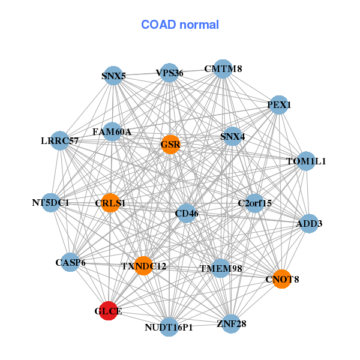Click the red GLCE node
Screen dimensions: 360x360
point(109,311)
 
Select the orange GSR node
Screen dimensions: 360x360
point(170,145)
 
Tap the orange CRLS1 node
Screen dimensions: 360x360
point(110,203)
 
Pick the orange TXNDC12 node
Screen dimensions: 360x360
point(143,266)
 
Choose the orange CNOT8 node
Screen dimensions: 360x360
point(282,279)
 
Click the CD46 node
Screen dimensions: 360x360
point(187,213)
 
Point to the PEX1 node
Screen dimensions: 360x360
point(279,105)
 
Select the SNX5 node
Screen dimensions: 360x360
point(113,76)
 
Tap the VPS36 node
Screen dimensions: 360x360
point(169,73)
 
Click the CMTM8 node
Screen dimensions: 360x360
point(223,69)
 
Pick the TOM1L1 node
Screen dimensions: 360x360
point(306,161)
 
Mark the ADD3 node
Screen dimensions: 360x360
point(309,223)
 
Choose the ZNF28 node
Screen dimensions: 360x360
point(231,324)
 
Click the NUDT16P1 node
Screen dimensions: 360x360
point(169,327)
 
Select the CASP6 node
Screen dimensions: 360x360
point(70,262)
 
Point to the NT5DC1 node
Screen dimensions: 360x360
point(51,203)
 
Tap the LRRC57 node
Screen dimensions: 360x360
point(60,140)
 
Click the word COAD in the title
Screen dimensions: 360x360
point(158,25)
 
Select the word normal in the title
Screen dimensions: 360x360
point(199,25)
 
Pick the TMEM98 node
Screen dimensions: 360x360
point(220,268)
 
